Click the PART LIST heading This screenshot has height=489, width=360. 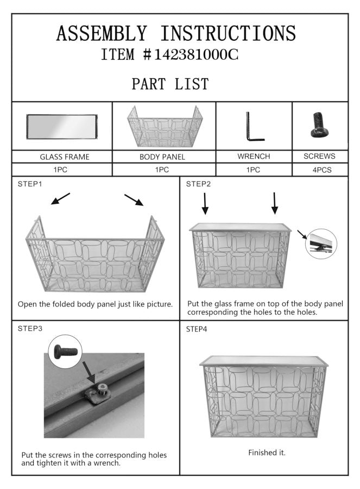170,84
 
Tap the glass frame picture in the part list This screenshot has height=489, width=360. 62,127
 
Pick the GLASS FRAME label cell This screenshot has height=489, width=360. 62,156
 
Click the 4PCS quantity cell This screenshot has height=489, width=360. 320,170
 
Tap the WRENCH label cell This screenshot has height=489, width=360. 254,156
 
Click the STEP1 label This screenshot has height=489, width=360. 30,184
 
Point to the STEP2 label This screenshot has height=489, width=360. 198,184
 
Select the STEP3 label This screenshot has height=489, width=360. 30,328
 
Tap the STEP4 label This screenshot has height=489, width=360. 197,329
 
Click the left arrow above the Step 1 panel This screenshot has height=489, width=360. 60,199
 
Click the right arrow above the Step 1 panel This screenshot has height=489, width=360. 134,200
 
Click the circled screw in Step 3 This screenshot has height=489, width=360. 66,352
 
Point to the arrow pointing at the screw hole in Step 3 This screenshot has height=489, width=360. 89,372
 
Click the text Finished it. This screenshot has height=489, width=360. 267,452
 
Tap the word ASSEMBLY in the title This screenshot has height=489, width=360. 102,33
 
